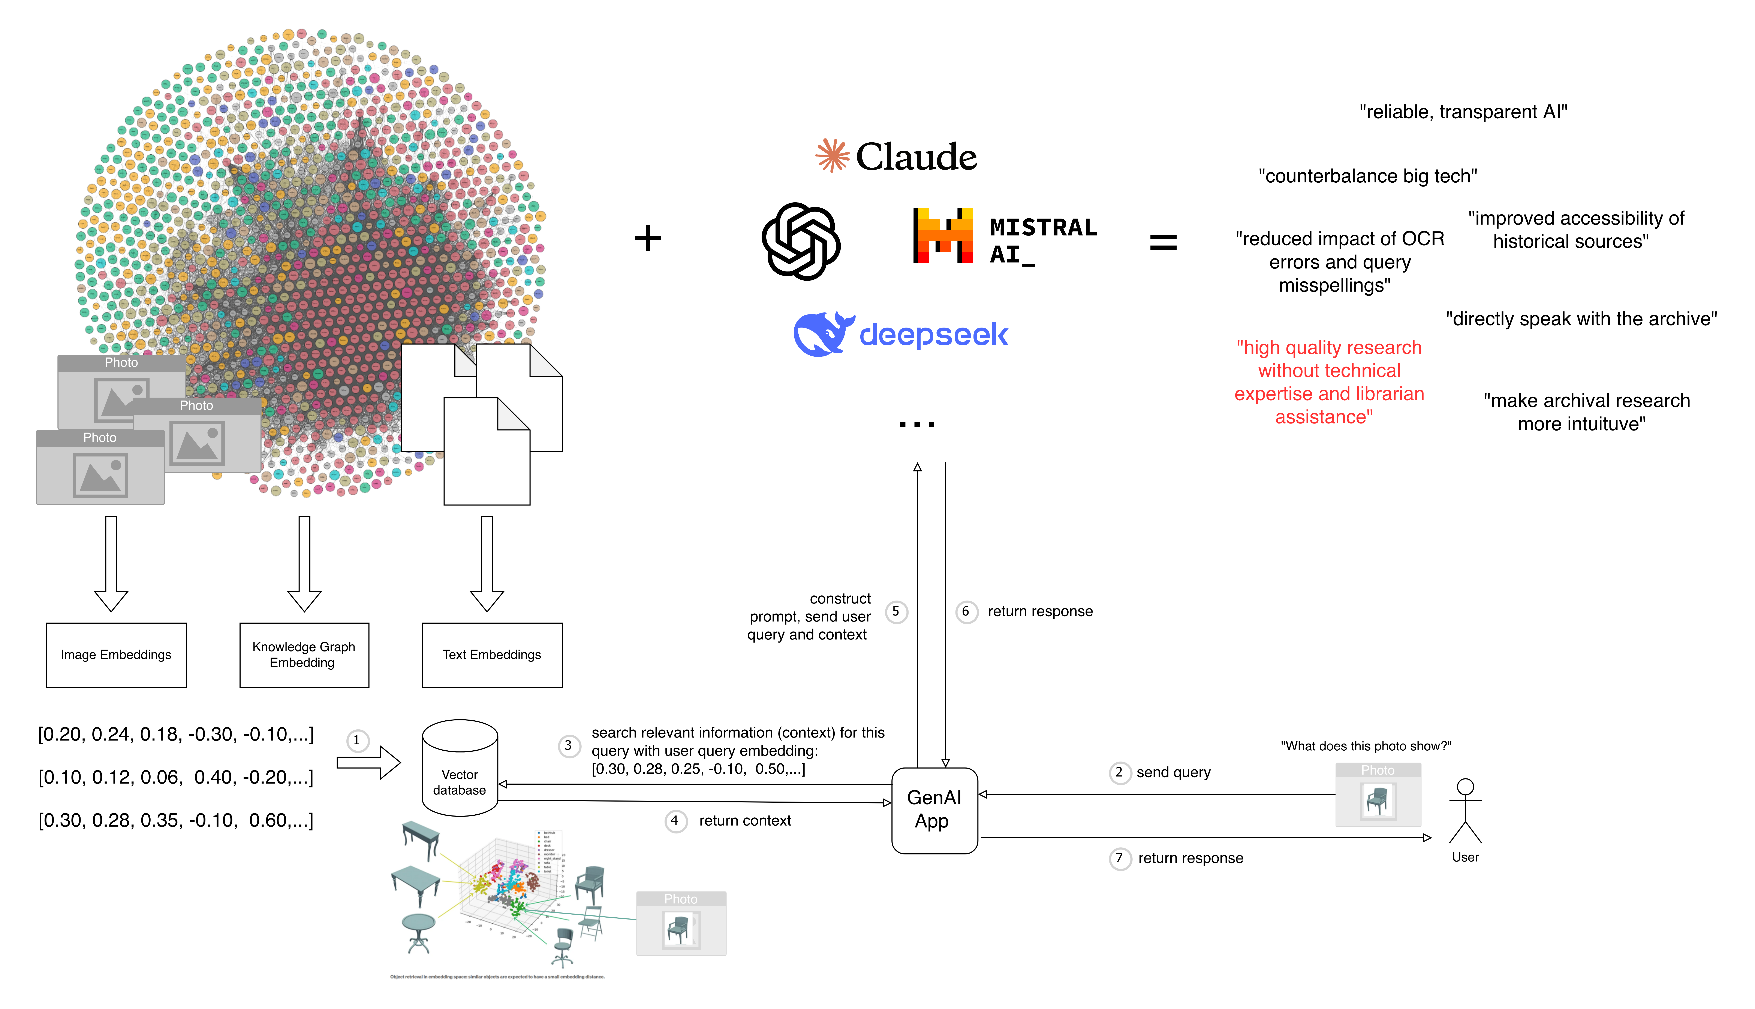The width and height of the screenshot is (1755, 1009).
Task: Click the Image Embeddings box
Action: (116, 655)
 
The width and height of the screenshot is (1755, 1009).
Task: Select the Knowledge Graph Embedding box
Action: (304, 655)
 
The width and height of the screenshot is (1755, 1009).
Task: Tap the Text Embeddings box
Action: (492, 655)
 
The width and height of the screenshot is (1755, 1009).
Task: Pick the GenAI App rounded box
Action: (934, 810)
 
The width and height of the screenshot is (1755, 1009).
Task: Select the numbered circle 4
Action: (675, 821)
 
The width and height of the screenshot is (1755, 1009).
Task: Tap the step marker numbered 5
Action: (896, 612)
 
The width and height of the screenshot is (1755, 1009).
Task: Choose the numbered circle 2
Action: (1120, 773)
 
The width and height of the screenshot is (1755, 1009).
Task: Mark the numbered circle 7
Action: (1120, 859)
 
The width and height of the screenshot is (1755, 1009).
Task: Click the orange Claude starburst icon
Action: (832, 155)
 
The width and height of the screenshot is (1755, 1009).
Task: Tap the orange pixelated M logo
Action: (945, 236)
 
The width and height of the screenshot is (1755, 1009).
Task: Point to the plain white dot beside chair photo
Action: (1465, 787)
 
